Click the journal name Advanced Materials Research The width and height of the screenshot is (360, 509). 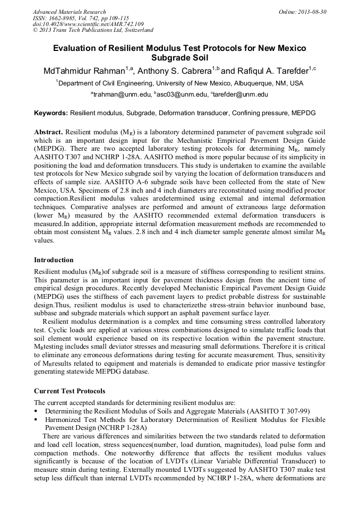[69, 12]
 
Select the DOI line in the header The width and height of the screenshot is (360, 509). [88, 24]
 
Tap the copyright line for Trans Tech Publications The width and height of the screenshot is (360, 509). [93, 30]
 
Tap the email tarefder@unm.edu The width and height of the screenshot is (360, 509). [239, 94]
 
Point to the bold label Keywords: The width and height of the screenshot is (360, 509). [51, 114]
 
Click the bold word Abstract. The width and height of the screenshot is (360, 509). [48, 132]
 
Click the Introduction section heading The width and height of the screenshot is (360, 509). [54, 260]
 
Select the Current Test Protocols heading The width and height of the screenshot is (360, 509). [70, 391]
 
